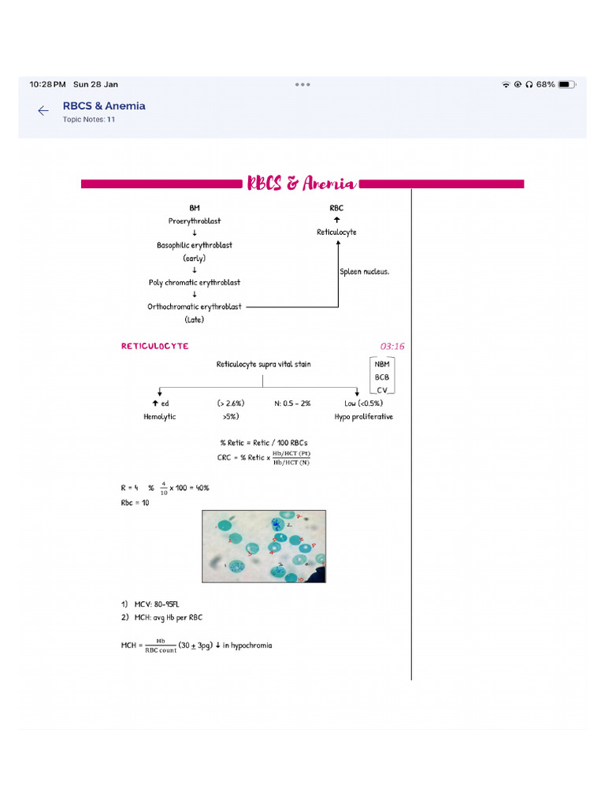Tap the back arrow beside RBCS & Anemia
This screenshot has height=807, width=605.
[x=43, y=111]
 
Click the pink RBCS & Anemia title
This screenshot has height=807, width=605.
[x=302, y=184]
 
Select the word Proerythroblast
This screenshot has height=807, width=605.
[x=195, y=221]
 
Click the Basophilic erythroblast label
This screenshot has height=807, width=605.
[x=195, y=245]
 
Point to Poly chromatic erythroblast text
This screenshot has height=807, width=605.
[x=195, y=282]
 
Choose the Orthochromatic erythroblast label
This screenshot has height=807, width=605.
[x=195, y=307]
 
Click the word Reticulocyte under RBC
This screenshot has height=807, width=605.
[x=336, y=232]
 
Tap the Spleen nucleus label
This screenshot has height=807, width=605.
[x=365, y=272]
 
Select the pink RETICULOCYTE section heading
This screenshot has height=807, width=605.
[x=155, y=346]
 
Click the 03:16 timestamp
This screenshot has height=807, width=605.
[x=392, y=346]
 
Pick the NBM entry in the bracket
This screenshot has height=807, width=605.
[x=382, y=365]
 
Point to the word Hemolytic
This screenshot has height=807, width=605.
[x=160, y=416]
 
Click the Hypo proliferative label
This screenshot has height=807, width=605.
[x=363, y=416]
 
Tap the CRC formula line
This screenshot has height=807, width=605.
[x=264, y=458]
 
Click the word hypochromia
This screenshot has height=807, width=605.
[x=251, y=645]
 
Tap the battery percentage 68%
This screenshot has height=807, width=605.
[x=546, y=84]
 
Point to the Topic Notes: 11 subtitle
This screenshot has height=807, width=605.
[x=89, y=120]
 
